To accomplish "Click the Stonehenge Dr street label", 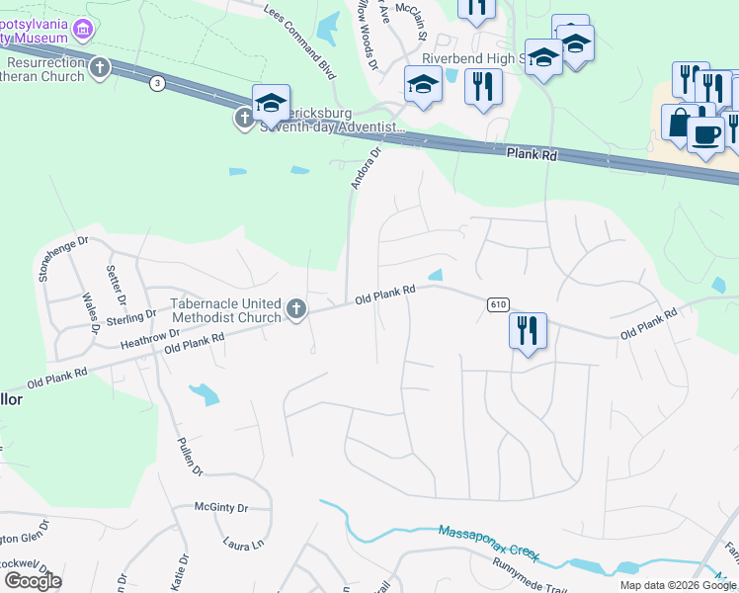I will point(64,259).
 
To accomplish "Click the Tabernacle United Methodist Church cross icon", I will point(295,310).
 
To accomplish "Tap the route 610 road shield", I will point(497,304).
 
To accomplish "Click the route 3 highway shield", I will point(157,83).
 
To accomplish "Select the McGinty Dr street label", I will point(220,508).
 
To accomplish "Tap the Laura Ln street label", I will point(245,544).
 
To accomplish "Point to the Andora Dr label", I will point(365,168).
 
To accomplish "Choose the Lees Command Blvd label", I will point(300,40).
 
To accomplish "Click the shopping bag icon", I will point(679,123).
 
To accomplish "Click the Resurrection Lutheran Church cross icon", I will point(99,68).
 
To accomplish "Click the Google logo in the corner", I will point(33,581).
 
